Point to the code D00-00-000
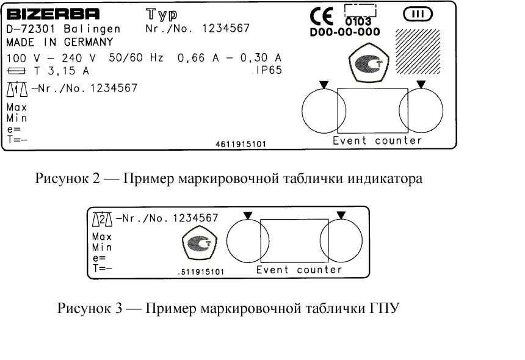[x=344, y=32]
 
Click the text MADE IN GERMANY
[x=59, y=42]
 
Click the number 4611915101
[x=241, y=145]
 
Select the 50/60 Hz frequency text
[x=136, y=58]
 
